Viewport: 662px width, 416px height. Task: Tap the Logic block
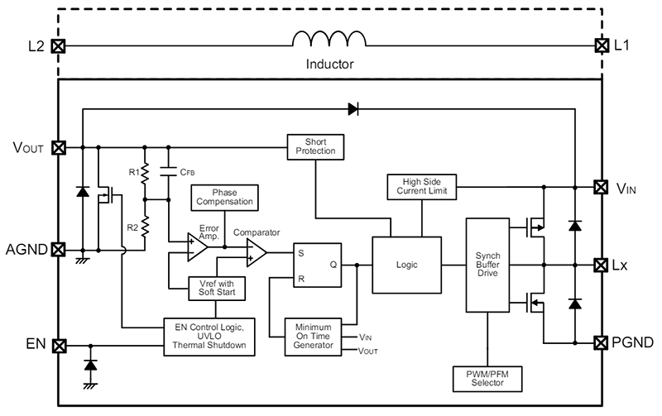pyautogui.click(x=406, y=265)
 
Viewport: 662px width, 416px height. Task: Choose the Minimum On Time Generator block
pyautogui.click(x=308, y=337)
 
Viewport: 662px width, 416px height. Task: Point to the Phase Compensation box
pyautogui.click(x=223, y=198)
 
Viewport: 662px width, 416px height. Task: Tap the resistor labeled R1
pyautogui.click(x=146, y=175)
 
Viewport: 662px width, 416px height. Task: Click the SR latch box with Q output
pyautogui.click(x=315, y=265)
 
